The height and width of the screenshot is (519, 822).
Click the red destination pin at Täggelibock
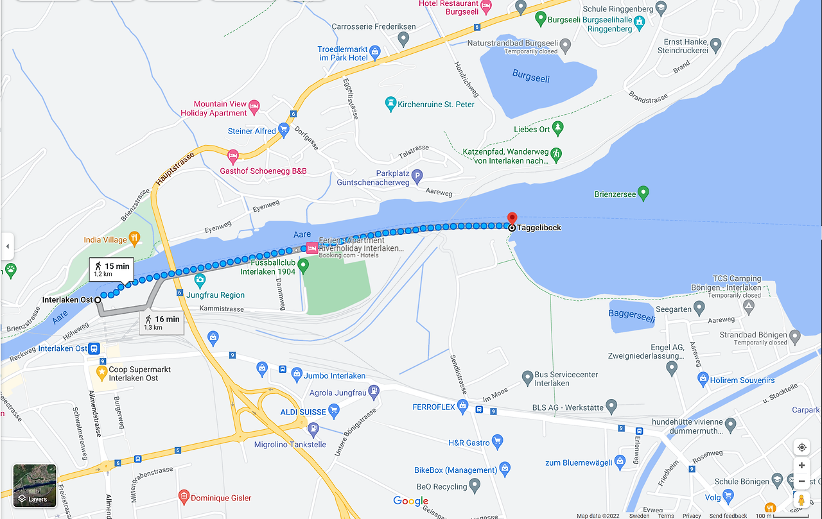(x=512, y=218)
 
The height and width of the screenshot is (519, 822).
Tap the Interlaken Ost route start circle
(x=98, y=300)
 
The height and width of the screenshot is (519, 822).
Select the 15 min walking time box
(x=112, y=269)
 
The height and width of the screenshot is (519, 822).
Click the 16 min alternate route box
(x=162, y=323)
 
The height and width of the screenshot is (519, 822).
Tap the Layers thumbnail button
(x=35, y=486)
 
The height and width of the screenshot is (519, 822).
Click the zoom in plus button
(x=801, y=466)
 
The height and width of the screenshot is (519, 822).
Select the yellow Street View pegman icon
(x=801, y=500)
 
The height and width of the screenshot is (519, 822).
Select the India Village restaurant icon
(x=134, y=239)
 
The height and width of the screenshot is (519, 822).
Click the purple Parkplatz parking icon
(x=417, y=175)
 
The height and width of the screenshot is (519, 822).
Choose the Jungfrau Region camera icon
(x=200, y=280)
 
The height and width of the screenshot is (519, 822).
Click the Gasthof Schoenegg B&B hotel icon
(x=233, y=156)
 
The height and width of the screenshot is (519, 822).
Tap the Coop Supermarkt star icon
(x=101, y=371)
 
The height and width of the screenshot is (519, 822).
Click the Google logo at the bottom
(x=411, y=501)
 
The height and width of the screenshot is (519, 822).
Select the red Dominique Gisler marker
(x=184, y=497)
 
